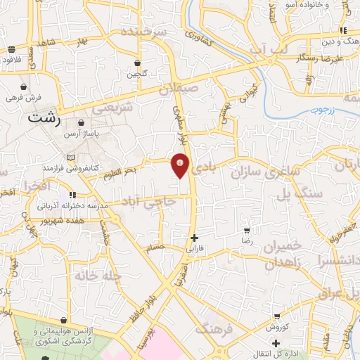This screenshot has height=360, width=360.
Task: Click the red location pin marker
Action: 180,166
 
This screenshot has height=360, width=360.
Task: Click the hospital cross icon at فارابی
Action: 194,238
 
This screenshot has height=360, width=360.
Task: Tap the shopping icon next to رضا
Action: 247,230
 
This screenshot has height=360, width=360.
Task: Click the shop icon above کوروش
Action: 277,316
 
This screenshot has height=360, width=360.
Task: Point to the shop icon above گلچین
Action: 136,63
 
